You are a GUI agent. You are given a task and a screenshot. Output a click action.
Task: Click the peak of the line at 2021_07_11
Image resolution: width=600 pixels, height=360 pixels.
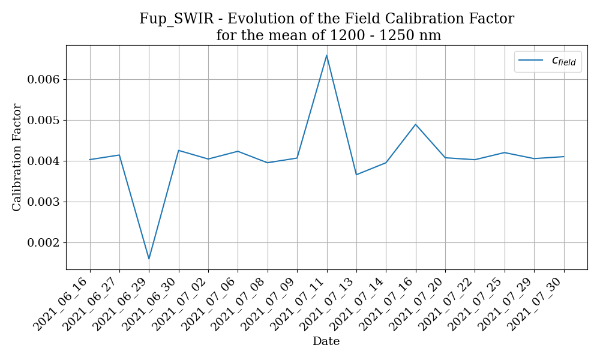[x=326, y=55]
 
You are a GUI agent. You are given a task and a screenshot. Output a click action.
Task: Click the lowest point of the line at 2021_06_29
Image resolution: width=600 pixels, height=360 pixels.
[x=149, y=259]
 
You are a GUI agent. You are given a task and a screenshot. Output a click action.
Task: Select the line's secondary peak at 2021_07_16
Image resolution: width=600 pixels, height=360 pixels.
[x=415, y=124]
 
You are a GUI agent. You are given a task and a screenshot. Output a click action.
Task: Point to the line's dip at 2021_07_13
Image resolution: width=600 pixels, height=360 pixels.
[x=356, y=175]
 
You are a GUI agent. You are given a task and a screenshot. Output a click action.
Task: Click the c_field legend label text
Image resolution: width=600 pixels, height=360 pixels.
[x=563, y=61]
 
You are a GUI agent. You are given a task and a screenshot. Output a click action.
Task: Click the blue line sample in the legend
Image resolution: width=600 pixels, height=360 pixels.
[x=530, y=61]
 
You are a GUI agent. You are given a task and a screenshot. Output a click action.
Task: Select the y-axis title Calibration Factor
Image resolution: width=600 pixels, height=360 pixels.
[x=17, y=157]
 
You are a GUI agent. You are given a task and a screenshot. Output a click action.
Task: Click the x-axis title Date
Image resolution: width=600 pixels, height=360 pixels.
[x=326, y=341]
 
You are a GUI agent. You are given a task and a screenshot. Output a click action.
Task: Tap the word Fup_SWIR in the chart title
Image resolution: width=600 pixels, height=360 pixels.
[x=176, y=19]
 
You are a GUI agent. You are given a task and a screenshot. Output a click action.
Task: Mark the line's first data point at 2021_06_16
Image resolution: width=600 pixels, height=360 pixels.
[x=90, y=160]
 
